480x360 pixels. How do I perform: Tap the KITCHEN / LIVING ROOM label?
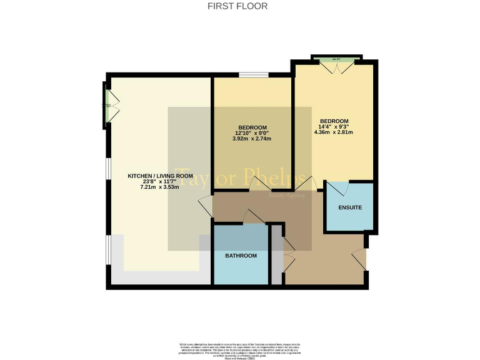157,176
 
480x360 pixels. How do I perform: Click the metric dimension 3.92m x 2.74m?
252,139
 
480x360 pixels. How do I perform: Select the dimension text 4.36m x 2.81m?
334,132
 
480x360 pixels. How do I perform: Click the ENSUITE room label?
349,207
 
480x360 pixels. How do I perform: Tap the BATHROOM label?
241,256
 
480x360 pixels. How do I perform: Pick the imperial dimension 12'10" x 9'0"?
252,133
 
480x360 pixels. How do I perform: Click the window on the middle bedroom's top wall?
253,76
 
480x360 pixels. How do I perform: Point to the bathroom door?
253,217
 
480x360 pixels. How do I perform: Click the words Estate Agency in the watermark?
286,196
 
